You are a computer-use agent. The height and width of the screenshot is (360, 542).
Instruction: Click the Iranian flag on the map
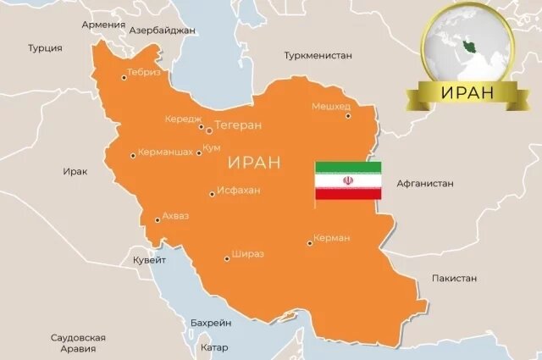(348, 180)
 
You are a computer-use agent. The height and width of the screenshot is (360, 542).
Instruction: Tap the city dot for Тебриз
(124, 77)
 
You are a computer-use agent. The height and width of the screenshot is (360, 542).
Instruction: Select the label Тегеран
(238, 125)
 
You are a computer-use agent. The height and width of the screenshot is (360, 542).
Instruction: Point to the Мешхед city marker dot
(347, 115)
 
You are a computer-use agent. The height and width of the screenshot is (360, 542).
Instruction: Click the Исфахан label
(239, 190)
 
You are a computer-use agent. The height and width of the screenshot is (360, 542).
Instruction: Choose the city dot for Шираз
(226, 258)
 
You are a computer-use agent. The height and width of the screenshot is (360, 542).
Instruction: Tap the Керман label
(331, 238)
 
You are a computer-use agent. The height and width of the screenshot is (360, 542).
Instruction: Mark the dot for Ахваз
(157, 220)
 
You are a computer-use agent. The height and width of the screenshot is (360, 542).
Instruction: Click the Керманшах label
(165, 153)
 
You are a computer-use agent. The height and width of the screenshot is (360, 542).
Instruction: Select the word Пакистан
(454, 278)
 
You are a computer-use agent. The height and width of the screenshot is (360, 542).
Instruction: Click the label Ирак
(75, 171)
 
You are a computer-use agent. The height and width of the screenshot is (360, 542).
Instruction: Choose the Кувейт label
(149, 261)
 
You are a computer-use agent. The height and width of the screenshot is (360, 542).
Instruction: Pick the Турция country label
(45, 48)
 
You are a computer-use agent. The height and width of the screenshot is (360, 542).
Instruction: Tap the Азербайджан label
(162, 30)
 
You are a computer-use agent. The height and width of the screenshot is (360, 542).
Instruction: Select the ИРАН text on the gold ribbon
(468, 92)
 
